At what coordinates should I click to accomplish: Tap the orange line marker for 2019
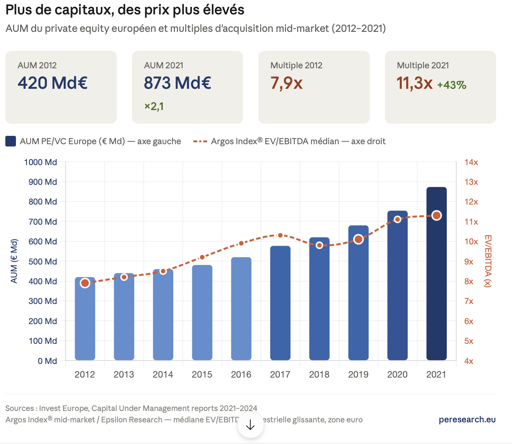[358, 239]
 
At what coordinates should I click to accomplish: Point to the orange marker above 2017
[280, 235]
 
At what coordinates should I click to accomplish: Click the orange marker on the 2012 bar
[85, 283]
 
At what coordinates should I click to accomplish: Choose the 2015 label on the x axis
[202, 375]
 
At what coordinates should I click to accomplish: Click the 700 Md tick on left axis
[42, 222]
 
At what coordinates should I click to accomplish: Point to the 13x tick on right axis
[471, 182]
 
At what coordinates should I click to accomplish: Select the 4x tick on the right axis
[469, 361]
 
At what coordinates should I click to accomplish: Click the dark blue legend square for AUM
[11, 142]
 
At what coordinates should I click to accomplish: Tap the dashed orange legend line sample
[200, 142]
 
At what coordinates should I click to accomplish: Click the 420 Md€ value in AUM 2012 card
[53, 83]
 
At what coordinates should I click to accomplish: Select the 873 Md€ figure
[177, 83]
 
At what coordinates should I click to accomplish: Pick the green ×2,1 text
[154, 106]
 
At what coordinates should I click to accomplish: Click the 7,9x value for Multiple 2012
[286, 83]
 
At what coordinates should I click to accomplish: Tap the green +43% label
[452, 85]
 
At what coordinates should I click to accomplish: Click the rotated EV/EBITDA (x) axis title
[488, 261]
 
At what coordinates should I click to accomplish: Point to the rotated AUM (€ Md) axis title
[14, 261]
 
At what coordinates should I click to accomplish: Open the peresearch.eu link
[467, 419]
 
